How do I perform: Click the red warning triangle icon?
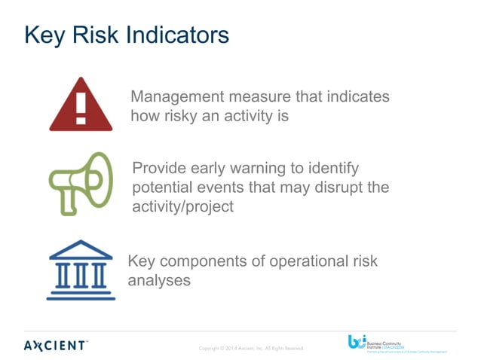81,107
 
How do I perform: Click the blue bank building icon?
81,270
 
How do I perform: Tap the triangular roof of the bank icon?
81,249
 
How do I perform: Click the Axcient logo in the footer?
54,346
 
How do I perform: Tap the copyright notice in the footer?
250,348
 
